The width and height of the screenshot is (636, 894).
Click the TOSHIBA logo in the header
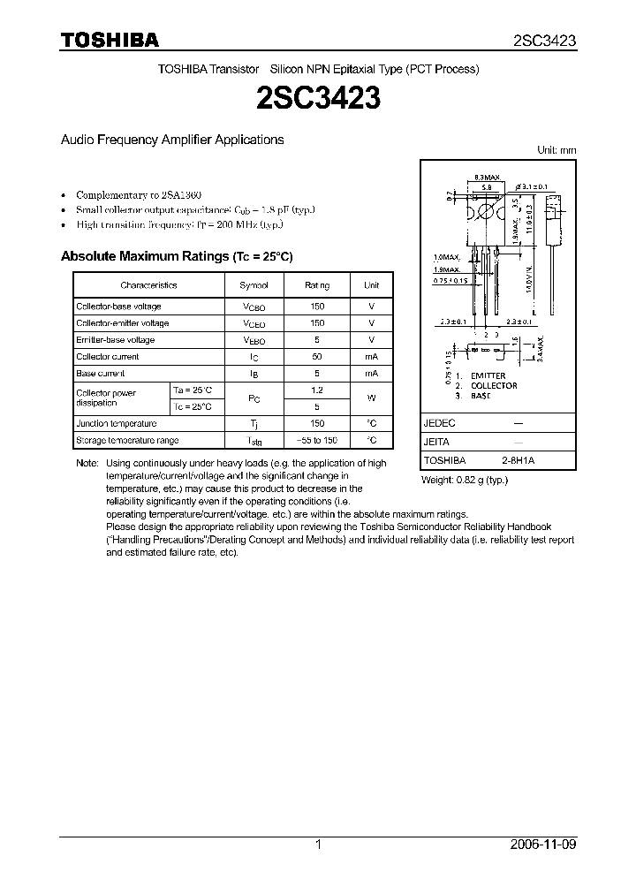tap(110, 40)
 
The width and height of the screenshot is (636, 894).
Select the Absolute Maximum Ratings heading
tap(176, 257)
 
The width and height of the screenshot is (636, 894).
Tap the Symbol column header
tap(254, 285)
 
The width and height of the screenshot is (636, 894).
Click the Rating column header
tap(317, 285)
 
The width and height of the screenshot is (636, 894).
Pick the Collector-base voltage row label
tap(118, 307)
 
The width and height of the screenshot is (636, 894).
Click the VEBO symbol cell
tap(254, 341)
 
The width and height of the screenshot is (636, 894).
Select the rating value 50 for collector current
tap(317, 357)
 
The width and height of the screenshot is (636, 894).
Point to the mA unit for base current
tap(372, 374)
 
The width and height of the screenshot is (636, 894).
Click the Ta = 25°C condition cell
tap(193, 390)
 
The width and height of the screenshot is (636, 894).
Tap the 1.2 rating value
tap(317, 390)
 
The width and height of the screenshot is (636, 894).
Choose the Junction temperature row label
tap(117, 424)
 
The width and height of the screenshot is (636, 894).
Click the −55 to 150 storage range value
tap(317, 440)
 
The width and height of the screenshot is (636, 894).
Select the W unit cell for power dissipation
tap(372, 398)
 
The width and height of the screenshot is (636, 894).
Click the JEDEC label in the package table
tap(439, 424)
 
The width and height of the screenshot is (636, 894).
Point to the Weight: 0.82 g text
tap(465, 480)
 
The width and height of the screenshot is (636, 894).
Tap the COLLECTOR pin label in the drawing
tap(494, 386)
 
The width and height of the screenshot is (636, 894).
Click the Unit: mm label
tap(556, 151)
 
